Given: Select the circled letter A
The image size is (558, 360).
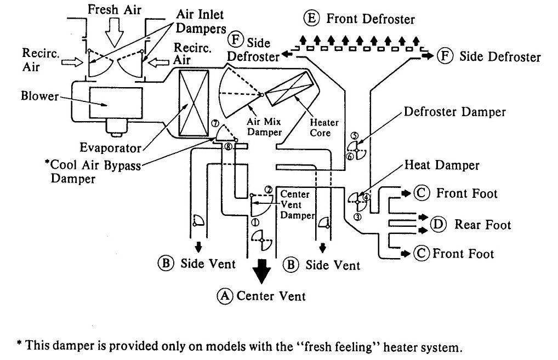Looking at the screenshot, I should coord(224,296).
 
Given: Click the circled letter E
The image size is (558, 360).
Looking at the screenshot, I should coord(311,18).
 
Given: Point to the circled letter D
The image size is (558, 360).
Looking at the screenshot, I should coord(437,224).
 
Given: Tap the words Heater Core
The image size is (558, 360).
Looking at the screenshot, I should coord(324,128).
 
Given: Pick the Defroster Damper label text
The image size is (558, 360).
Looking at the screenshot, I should coord(454,112).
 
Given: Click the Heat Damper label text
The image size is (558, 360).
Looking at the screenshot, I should coord(441,165).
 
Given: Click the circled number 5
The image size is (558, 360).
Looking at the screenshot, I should coord(354,136).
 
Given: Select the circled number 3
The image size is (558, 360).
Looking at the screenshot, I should coord(357,217).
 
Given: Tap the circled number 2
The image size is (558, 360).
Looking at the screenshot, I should coord(269,190).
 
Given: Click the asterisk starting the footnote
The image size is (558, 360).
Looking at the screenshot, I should coord(19,346).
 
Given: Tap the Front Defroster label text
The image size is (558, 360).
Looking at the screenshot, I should coord(371,19).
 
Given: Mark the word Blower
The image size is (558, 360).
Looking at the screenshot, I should coord(39,96).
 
